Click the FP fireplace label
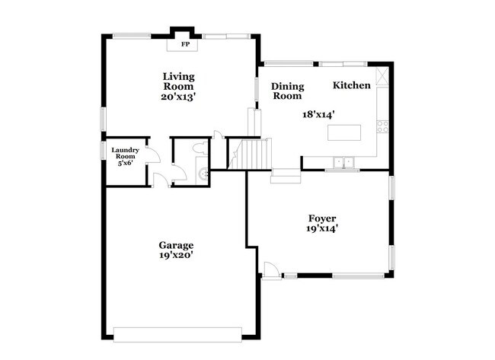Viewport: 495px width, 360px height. tap(184, 45)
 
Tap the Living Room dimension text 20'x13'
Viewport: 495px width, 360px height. tap(177, 97)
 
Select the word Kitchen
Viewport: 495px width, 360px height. tap(352, 85)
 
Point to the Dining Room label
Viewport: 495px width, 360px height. tap(288, 91)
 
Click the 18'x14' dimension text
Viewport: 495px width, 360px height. tap(319, 114)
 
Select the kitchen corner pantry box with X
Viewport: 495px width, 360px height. tap(382, 75)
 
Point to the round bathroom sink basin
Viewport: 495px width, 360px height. tap(203, 174)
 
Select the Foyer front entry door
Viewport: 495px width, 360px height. tap(270, 270)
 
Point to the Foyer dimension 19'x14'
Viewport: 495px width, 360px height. tap(322, 228)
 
